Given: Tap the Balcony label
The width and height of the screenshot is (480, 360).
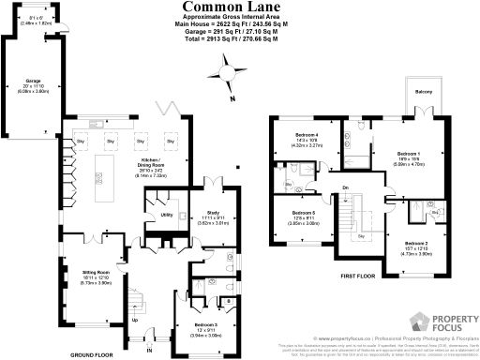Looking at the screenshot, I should coord(424,90).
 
